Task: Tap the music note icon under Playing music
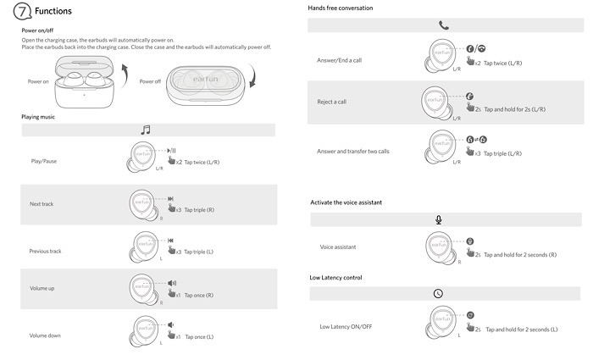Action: point(146,130)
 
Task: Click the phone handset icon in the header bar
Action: point(443,25)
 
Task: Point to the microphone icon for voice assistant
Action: point(438,219)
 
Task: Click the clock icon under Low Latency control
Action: point(438,293)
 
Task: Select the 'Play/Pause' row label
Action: point(43,161)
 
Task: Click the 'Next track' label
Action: point(42,204)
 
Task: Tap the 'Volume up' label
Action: point(42,289)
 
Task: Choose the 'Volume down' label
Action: point(45,335)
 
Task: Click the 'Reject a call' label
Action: point(332,102)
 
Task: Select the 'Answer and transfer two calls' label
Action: point(353,152)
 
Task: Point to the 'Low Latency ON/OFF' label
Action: point(346,326)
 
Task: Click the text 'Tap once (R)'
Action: point(198,296)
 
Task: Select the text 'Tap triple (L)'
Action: point(199,252)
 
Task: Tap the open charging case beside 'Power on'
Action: point(80,86)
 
